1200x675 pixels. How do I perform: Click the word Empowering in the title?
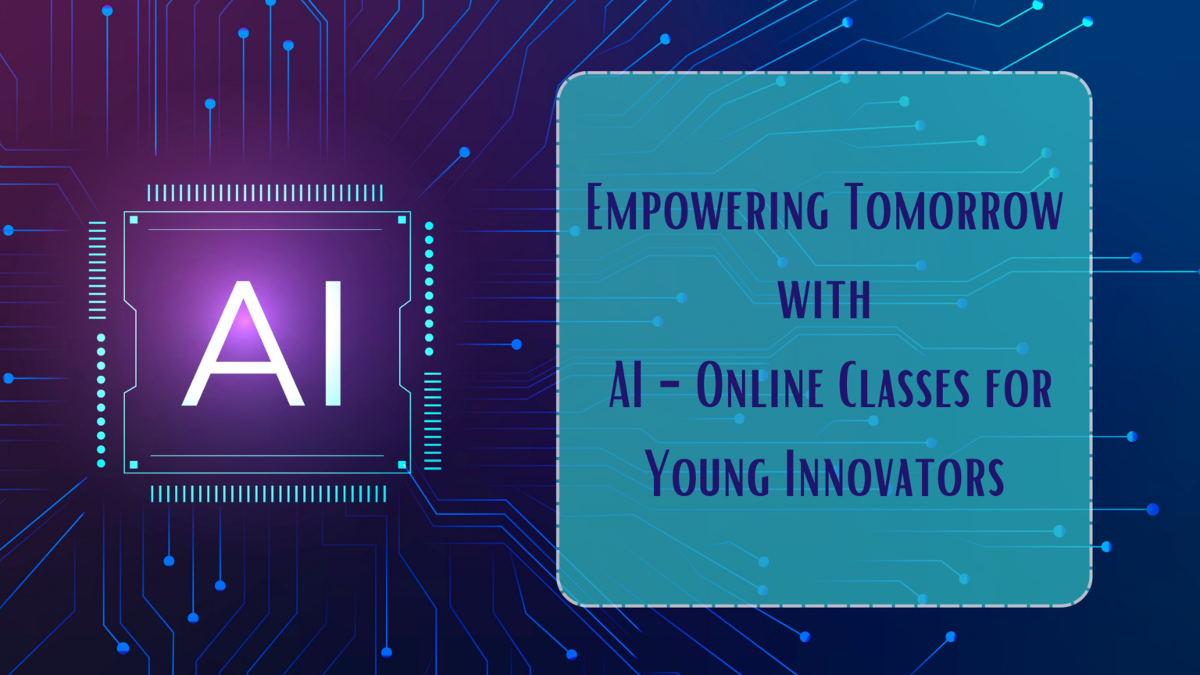pyautogui.click(x=706, y=208)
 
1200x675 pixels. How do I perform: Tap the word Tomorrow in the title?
pyautogui.click(x=953, y=208)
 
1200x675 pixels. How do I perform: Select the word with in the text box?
pyautogui.click(x=824, y=298)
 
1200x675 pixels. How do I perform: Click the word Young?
pyautogui.click(x=707, y=474)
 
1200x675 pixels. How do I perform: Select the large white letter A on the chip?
pyautogui.click(x=244, y=344)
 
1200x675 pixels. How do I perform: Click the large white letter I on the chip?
pyautogui.click(x=333, y=344)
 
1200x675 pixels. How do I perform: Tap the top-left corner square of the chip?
pyautogui.click(x=134, y=220)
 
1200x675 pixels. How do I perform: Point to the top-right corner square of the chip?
pyautogui.click(x=402, y=220)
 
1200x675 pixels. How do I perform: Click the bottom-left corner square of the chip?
pyautogui.click(x=134, y=465)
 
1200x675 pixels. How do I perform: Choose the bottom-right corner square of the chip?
pyautogui.click(x=402, y=465)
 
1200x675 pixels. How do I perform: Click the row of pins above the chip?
pyautogui.click(x=265, y=193)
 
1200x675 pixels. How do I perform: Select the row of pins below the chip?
pyautogui.click(x=268, y=494)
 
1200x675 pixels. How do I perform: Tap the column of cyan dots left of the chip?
pyautogui.click(x=101, y=401)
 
